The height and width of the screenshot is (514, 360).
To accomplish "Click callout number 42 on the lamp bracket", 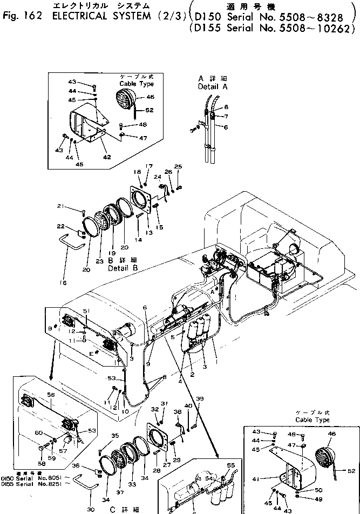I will (107, 157).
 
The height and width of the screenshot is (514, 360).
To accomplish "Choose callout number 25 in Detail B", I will (178, 166).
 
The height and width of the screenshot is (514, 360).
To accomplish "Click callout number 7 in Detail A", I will (226, 116).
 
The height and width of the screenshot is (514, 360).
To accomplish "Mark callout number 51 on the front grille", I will (85, 311).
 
